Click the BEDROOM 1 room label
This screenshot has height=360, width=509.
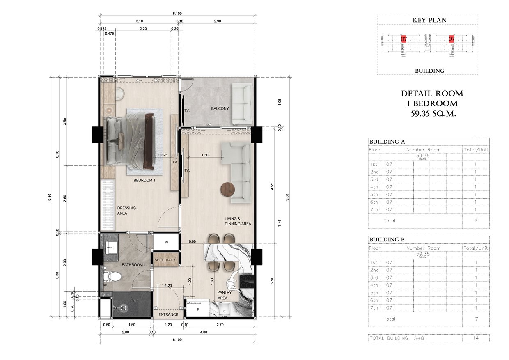pyautogui.click(x=144, y=180)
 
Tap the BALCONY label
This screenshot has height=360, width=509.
pyautogui.click(x=220, y=108)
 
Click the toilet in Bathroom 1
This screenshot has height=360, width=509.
pyautogui.click(x=111, y=276)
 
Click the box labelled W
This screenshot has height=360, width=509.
pyautogui.click(x=166, y=242)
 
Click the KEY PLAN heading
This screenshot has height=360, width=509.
pyautogui.click(x=429, y=20)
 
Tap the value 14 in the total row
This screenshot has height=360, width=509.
pyautogui.click(x=476, y=338)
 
